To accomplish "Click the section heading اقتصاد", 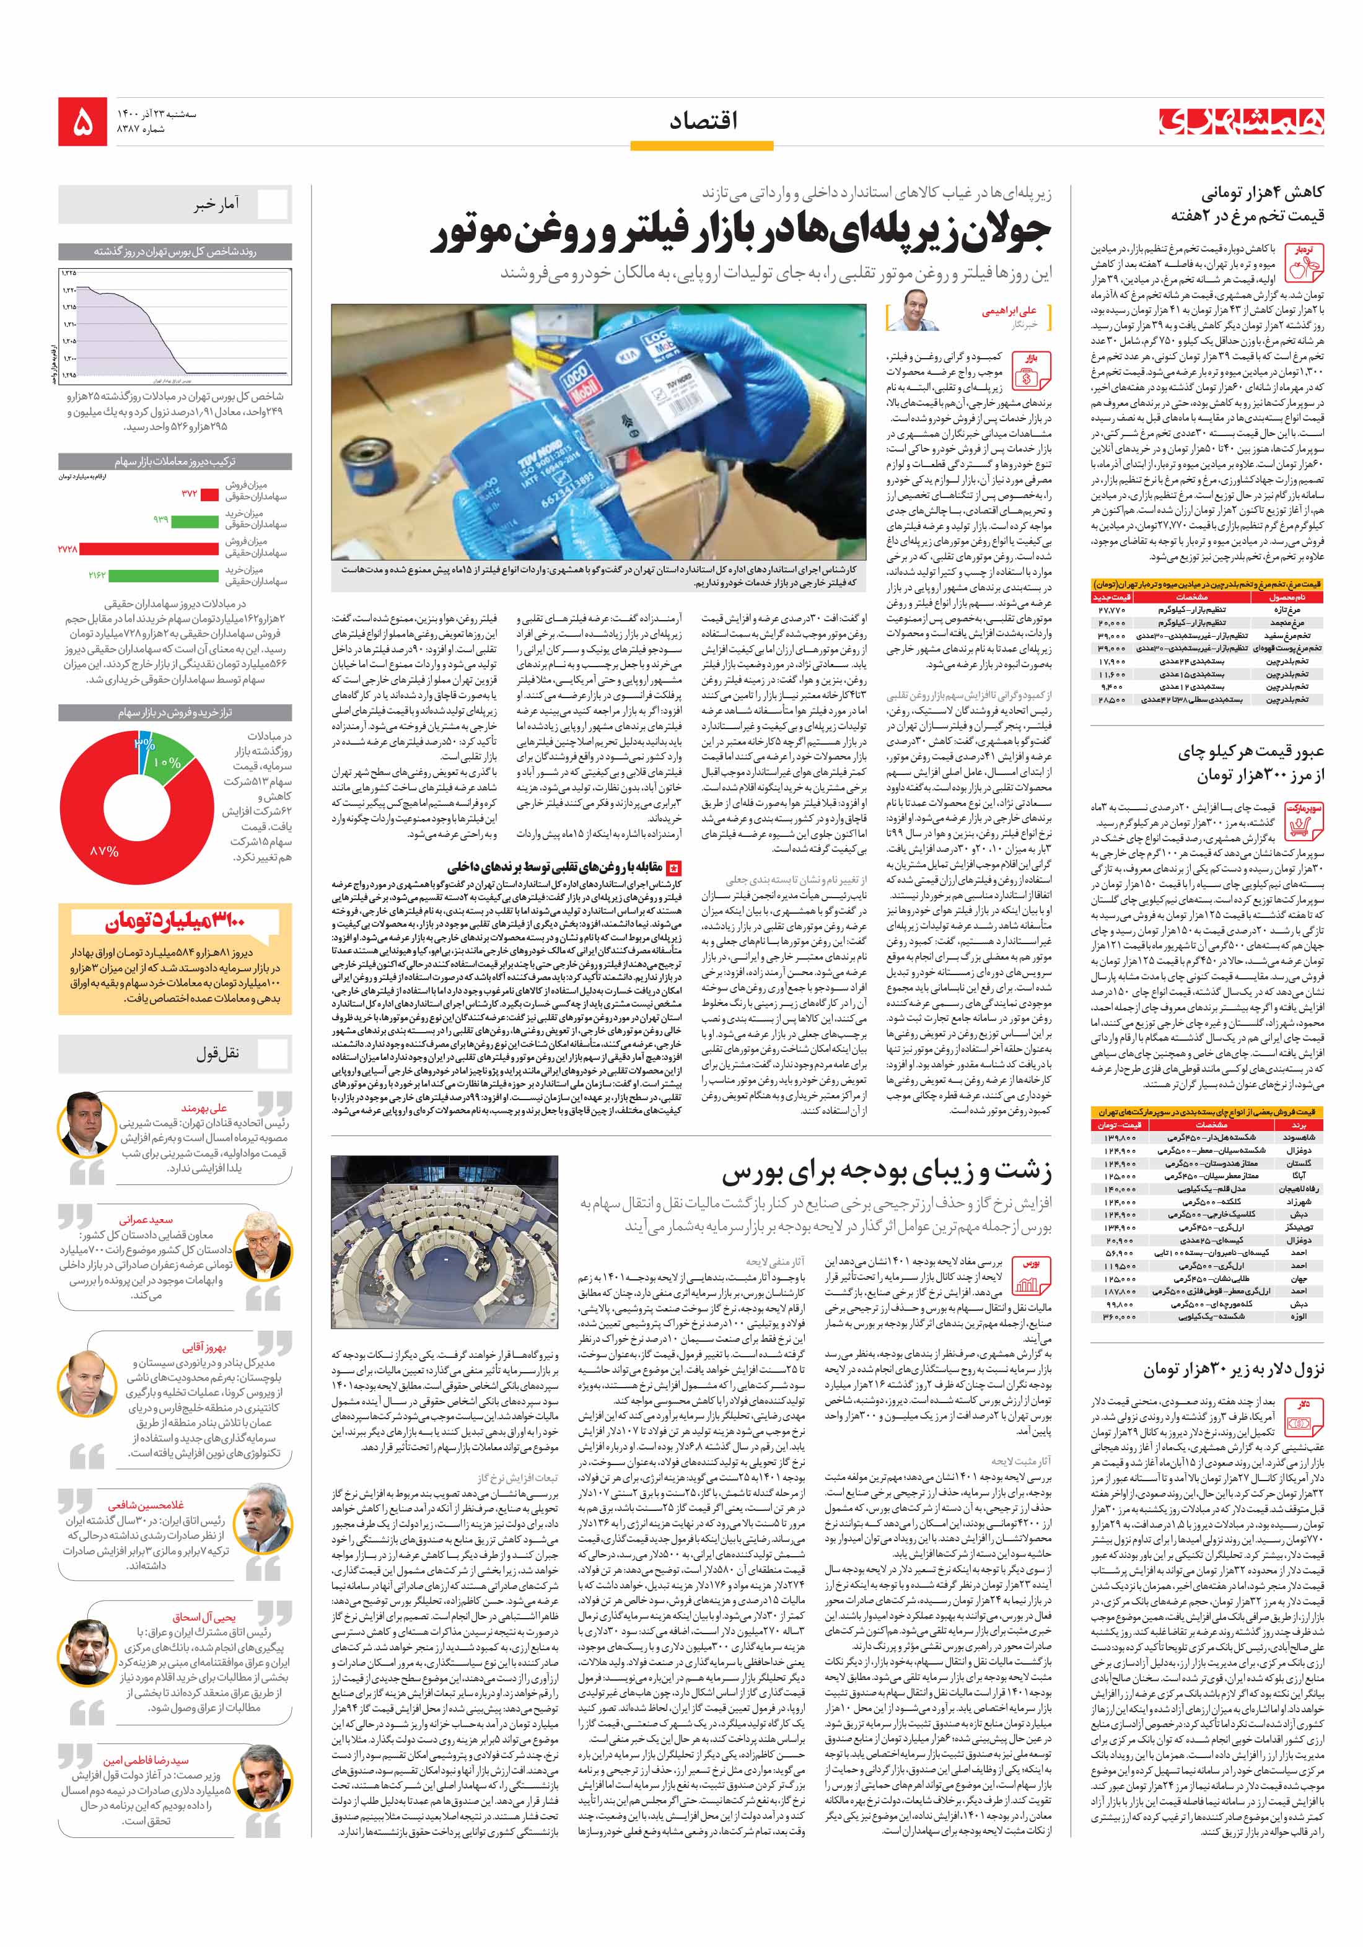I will pos(703,121).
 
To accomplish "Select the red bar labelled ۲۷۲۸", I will pos(149,549).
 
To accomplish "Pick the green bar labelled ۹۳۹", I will pos(195,519).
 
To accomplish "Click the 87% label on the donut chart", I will pos(103,850).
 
